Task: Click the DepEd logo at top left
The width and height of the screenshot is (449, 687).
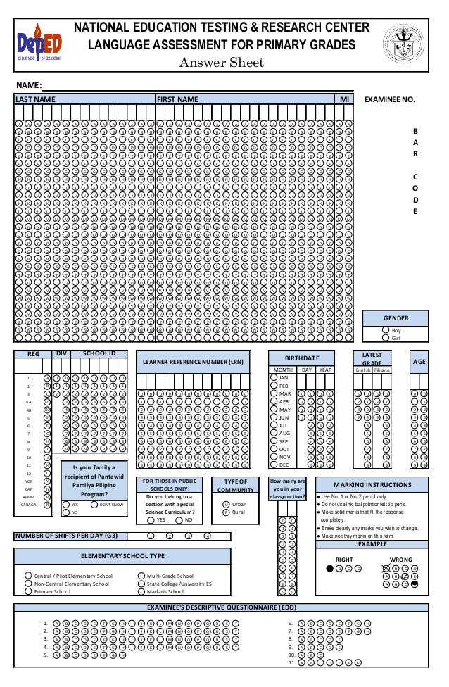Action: (x=39, y=42)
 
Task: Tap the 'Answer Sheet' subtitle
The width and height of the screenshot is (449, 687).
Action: (x=221, y=63)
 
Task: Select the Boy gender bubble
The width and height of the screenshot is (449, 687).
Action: (x=386, y=330)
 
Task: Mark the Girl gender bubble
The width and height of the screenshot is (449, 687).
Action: (x=386, y=338)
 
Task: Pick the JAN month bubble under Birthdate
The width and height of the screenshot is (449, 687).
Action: (x=274, y=377)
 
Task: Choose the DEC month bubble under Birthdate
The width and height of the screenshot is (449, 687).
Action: (x=274, y=465)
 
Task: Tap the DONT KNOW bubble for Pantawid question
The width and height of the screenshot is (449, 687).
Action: (x=95, y=505)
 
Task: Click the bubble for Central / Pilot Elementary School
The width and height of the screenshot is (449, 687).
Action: (x=28, y=576)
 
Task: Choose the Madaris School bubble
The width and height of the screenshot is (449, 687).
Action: (x=141, y=592)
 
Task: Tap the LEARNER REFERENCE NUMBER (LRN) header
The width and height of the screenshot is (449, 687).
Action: (x=191, y=363)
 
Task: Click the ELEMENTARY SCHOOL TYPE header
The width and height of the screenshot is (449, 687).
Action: (x=123, y=556)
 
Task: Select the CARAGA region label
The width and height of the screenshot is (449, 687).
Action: (x=29, y=505)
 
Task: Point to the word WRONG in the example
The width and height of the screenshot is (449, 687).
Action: (x=400, y=560)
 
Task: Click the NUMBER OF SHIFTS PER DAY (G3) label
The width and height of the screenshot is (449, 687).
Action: (x=67, y=536)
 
